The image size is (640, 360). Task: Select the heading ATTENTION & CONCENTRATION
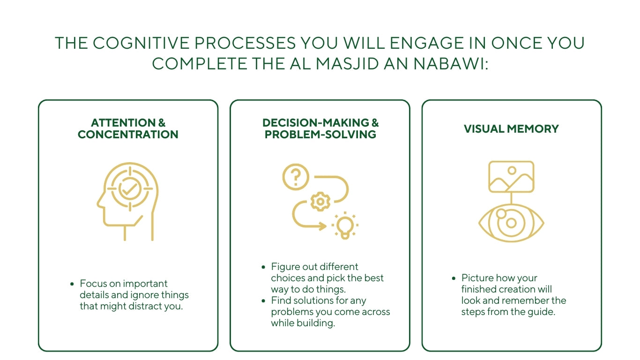(128, 129)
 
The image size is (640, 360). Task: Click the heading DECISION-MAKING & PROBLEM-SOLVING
(320, 129)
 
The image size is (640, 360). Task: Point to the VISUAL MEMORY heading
(511, 129)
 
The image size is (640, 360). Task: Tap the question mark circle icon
(296, 177)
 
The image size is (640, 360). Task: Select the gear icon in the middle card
(320, 202)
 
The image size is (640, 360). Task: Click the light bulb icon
(345, 226)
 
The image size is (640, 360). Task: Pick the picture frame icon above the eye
(511, 177)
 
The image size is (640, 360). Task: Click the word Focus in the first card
(91, 284)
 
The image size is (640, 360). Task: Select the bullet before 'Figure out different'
(263, 267)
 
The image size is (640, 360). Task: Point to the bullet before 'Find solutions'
(263, 300)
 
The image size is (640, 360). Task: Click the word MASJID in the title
(344, 63)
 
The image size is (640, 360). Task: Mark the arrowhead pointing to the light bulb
(323, 227)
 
